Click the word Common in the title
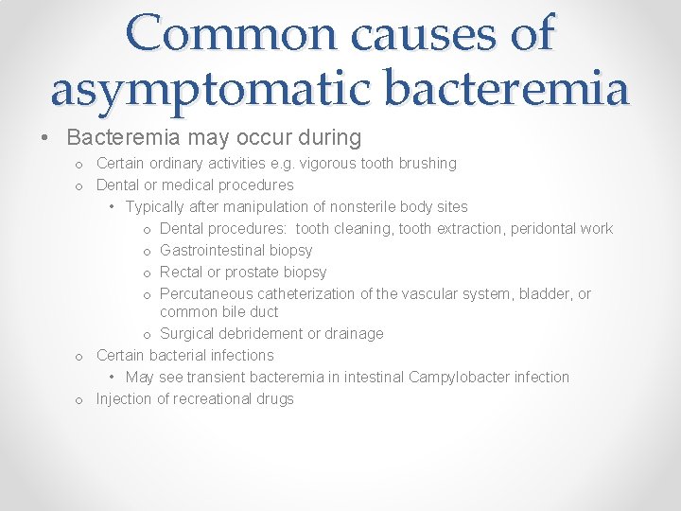pos(234,34)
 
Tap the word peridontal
pos(544,228)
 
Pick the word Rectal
pos(183,272)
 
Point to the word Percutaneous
pos(205,293)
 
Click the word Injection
pos(124,398)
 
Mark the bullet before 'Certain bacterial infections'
pos(79,356)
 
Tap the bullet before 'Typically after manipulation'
pos(113,207)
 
